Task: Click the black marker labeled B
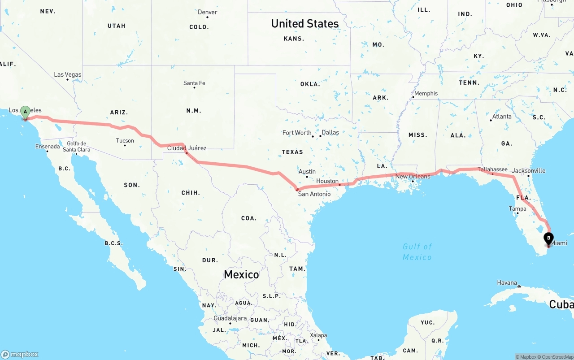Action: (548, 239)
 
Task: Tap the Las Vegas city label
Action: (68, 74)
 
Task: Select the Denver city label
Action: (207, 12)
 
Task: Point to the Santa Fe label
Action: (194, 83)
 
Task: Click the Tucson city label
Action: (125, 140)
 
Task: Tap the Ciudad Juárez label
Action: (187, 148)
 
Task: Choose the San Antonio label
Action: (314, 194)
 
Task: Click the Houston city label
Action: (327, 181)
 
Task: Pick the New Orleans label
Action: (413, 176)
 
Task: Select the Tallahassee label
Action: (492, 169)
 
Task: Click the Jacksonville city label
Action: (529, 171)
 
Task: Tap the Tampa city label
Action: (517, 208)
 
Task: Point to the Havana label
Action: (507, 282)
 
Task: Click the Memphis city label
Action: (426, 93)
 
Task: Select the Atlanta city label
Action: (501, 117)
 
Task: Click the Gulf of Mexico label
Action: (417, 252)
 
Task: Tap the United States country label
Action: (305, 24)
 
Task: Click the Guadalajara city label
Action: (230, 318)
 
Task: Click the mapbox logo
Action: (20, 354)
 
